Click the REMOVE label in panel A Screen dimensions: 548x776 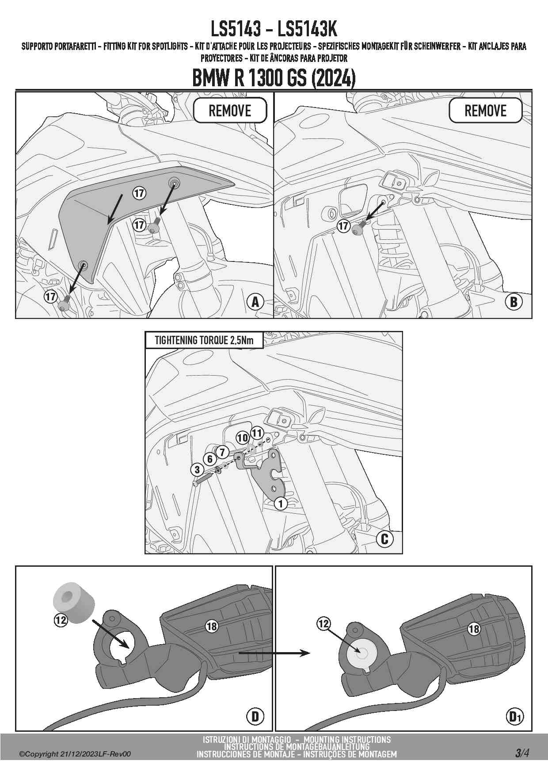(230, 111)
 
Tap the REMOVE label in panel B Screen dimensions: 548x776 (485, 111)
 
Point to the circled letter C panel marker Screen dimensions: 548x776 (384, 538)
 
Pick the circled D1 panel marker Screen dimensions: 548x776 (514, 716)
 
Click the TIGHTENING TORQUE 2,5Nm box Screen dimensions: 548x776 (204, 340)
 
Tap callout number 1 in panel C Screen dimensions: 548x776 (281, 503)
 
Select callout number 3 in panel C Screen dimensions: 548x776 (197, 470)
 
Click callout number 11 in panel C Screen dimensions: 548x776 (257, 433)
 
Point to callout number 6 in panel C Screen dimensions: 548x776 (210, 459)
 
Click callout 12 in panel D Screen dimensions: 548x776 (61, 620)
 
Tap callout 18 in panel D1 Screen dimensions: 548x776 (474, 629)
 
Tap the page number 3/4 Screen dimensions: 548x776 (521, 753)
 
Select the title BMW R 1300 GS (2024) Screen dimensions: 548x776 (274, 78)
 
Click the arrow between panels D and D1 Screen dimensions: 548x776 (274, 653)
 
